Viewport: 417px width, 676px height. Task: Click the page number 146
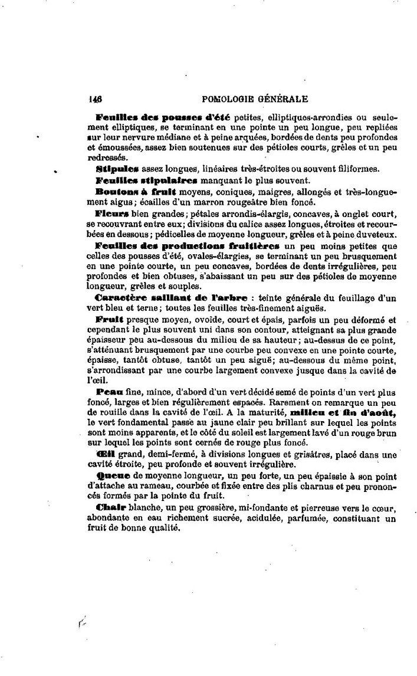tap(95, 99)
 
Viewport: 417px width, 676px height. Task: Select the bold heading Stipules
tap(113, 169)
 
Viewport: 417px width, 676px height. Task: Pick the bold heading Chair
tap(107, 507)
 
